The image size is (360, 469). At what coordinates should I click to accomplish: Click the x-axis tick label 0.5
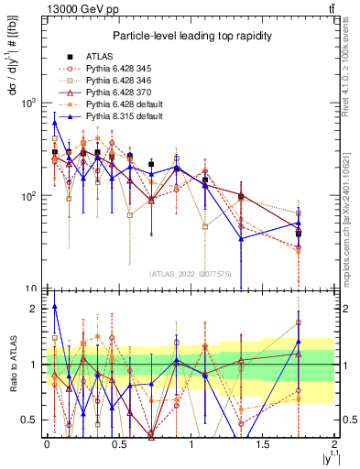[x=119, y=444]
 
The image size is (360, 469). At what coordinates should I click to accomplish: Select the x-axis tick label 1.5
[x=263, y=444]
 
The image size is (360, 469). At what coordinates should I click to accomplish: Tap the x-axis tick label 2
[x=335, y=444]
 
